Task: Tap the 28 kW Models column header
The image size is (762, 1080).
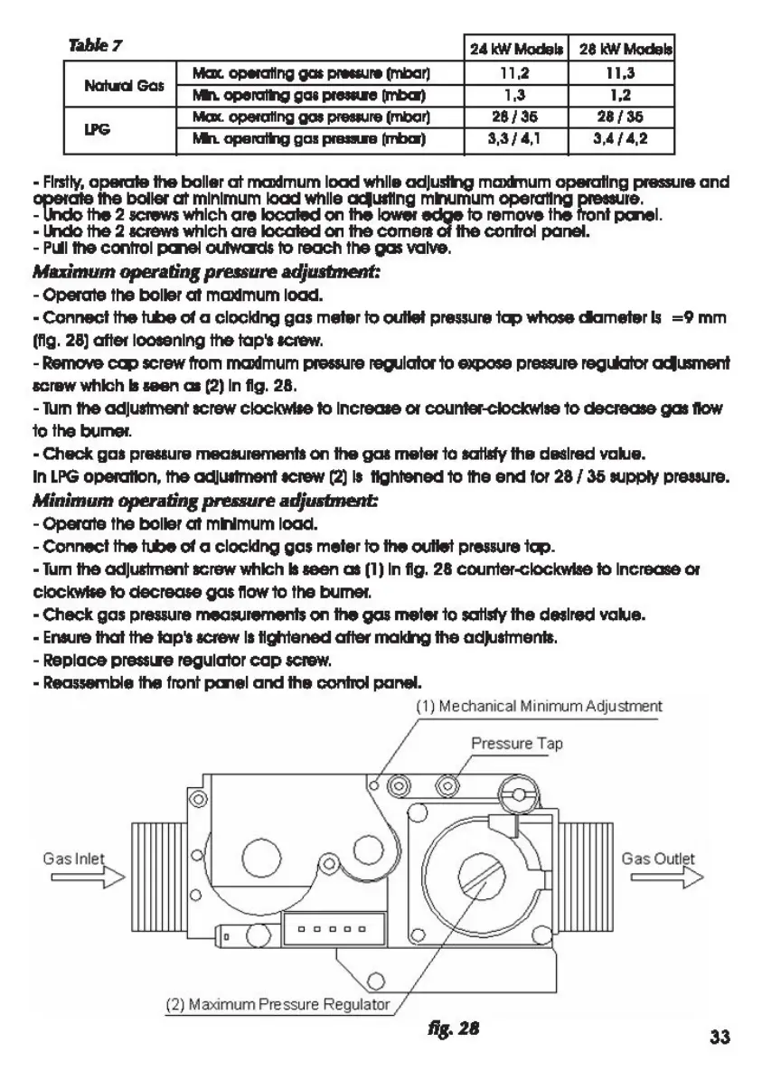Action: tap(626, 49)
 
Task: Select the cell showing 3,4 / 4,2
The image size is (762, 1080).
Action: tap(626, 140)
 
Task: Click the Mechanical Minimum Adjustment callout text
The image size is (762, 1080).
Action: tap(539, 706)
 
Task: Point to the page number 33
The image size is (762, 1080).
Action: tap(720, 1036)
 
